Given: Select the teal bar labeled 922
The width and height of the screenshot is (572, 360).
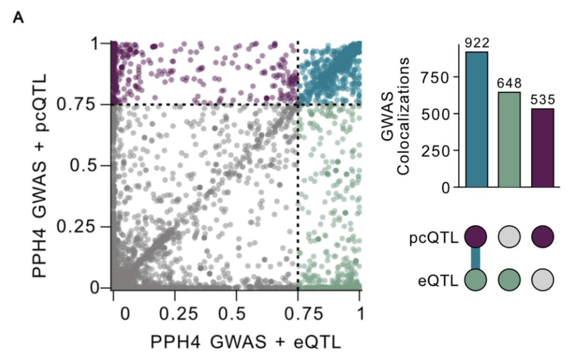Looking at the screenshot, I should pos(477,119).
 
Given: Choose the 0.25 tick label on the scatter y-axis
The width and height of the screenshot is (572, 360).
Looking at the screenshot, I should pos(79,227).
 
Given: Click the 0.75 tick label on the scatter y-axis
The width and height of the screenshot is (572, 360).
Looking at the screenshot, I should pos(79,104).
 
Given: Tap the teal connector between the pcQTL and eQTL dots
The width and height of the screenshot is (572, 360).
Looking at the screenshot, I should pos(476,258).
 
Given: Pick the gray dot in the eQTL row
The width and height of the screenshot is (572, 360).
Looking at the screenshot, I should pos(542,279).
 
